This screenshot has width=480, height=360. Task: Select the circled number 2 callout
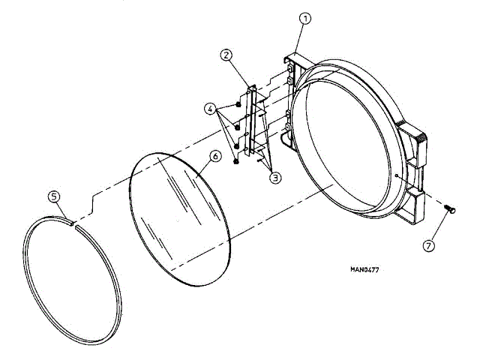(x=226, y=54)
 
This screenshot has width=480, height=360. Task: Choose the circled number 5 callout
(x=54, y=196)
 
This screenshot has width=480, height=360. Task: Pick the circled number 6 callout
(x=214, y=156)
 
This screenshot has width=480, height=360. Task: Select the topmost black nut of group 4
(x=238, y=103)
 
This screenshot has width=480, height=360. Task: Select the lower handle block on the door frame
(x=414, y=201)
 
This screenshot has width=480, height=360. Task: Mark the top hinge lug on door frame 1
(x=289, y=63)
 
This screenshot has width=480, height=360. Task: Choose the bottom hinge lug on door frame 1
(x=286, y=136)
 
